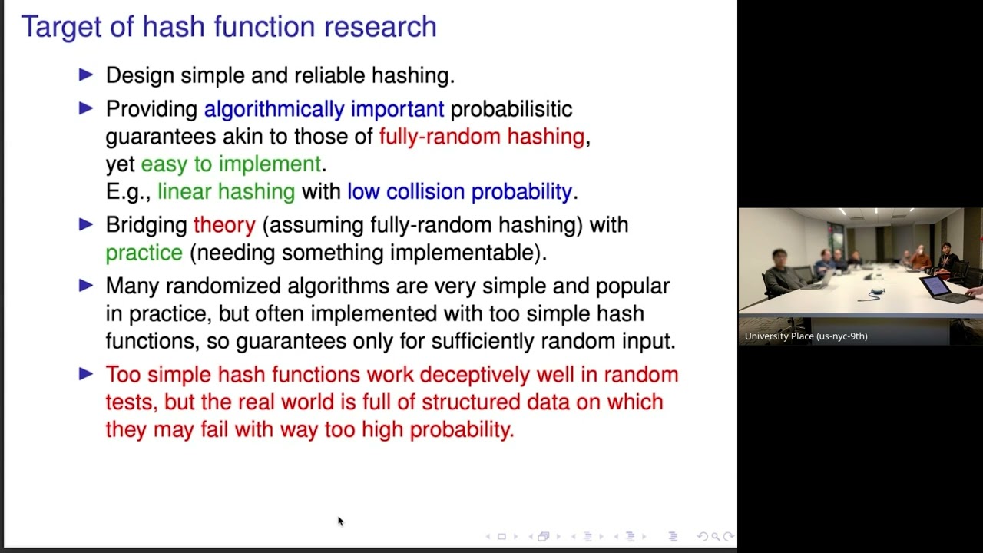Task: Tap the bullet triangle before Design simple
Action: click(x=86, y=75)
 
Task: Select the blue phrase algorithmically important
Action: click(x=323, y=109)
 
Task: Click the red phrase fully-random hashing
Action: click(x=482, y=137)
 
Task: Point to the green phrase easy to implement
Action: click(x=230, y=164)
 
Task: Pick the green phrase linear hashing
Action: click(x=226, y=191)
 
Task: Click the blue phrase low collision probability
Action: click(x=459, y=191)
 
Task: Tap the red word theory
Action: click(x=224, y=225)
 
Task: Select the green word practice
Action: click(x=144, y=253)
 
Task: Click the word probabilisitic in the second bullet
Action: click(x=511, y=109)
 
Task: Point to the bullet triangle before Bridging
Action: click(x=86, y=224)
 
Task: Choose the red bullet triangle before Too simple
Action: click(x=86, y=374)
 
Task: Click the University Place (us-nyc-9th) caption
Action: click(x=806, y=336)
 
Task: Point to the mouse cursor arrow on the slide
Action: click(x=339, y=521)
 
